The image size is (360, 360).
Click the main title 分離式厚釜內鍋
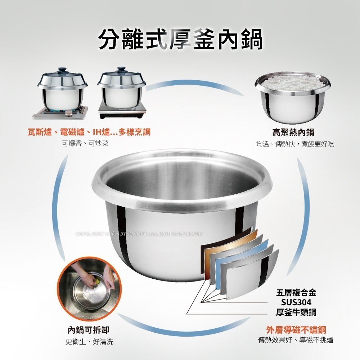[x=180, y=39]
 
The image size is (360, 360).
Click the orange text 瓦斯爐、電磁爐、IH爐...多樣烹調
[x=89, y=132]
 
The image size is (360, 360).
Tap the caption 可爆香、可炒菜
[x=85, y=143]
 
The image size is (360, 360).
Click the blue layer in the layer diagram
[x=245, y=252]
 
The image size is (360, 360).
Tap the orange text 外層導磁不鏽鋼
[x=296, y=329]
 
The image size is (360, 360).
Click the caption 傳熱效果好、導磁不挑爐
[x=296, y=340]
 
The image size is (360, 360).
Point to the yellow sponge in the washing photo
[x=97, y=279]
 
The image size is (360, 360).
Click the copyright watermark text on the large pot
[x=139, y=234]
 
